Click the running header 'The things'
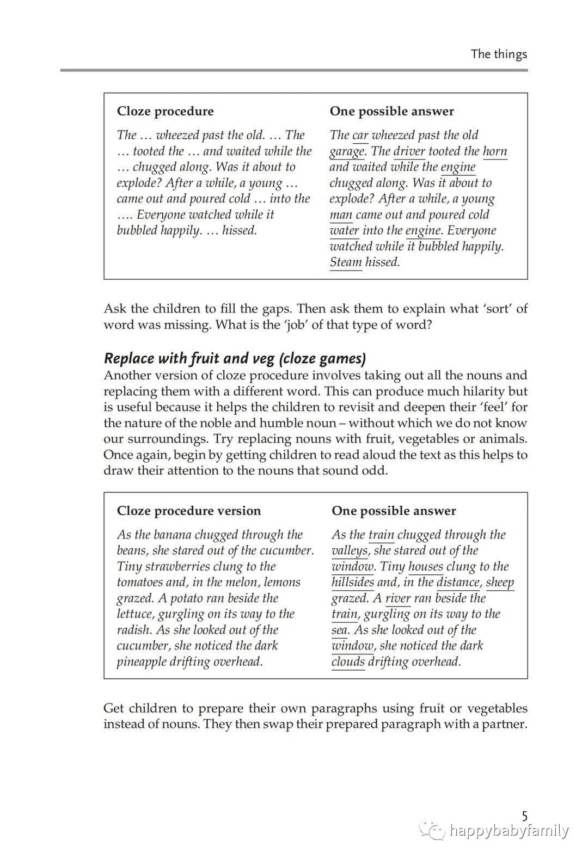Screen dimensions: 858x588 (x=499, y=54)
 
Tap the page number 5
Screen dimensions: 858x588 (x=524, y=816)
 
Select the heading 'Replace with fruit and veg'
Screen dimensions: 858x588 (x=235, y=358)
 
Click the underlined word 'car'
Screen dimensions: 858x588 (x=360, y=135)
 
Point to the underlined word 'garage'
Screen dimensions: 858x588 (x=347, y=151)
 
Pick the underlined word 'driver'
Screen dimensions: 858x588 (x=409, y=151)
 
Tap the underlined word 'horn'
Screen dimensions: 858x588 (x=495, y=151)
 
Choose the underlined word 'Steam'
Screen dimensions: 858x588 (x=346, y=262)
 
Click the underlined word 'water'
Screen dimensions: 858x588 (x=344, y=230)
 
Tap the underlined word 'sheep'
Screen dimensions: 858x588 (x=500, y=582)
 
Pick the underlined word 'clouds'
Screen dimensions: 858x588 (x=348, y=661)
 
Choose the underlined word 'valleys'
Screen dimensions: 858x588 (x=350, y=550)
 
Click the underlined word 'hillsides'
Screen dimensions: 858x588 (x=353, y=582)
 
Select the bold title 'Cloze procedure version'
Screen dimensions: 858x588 (x=189, y=511)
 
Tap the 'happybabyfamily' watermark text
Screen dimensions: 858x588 (x=509, y=831)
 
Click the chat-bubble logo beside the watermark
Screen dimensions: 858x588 (x=435, y=831)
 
